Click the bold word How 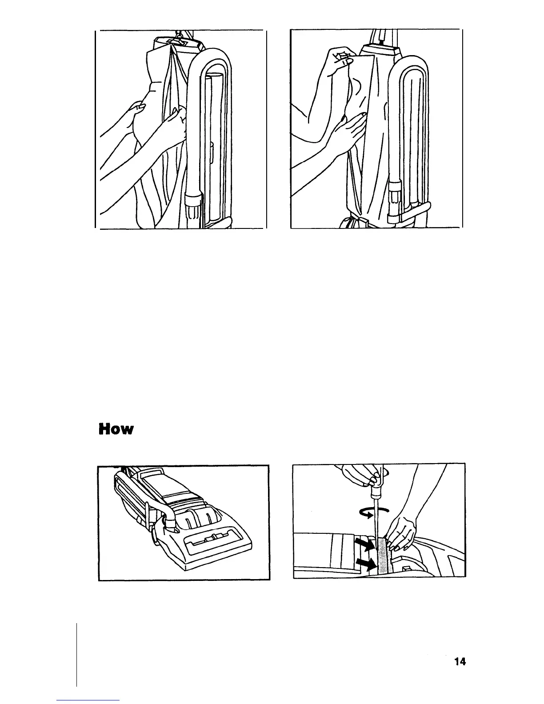[x=116, y=430]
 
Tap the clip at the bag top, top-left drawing [x=176, y=41]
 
